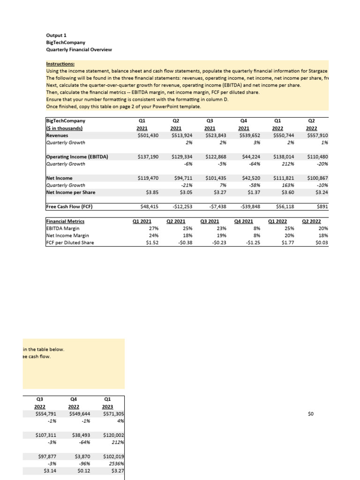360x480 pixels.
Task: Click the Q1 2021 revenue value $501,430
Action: click(x=146, y=135)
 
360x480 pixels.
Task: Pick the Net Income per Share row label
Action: click(x=70, y=192)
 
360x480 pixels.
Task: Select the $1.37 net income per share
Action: click(x=253, y=192)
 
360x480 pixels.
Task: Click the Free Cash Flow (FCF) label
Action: click(x=68, y=206)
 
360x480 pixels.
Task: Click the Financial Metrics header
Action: click(x=65, y=221)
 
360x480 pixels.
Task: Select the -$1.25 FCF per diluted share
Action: click(x=253, y=242)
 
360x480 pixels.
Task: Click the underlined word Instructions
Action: click(x=60, y=64)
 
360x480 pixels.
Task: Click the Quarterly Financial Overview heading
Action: click(x=79, y=50)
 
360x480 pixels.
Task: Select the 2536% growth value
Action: click(x=115, y=464)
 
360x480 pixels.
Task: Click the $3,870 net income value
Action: click(x=81, y=457)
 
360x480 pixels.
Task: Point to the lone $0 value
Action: click(x=310, y=414)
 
